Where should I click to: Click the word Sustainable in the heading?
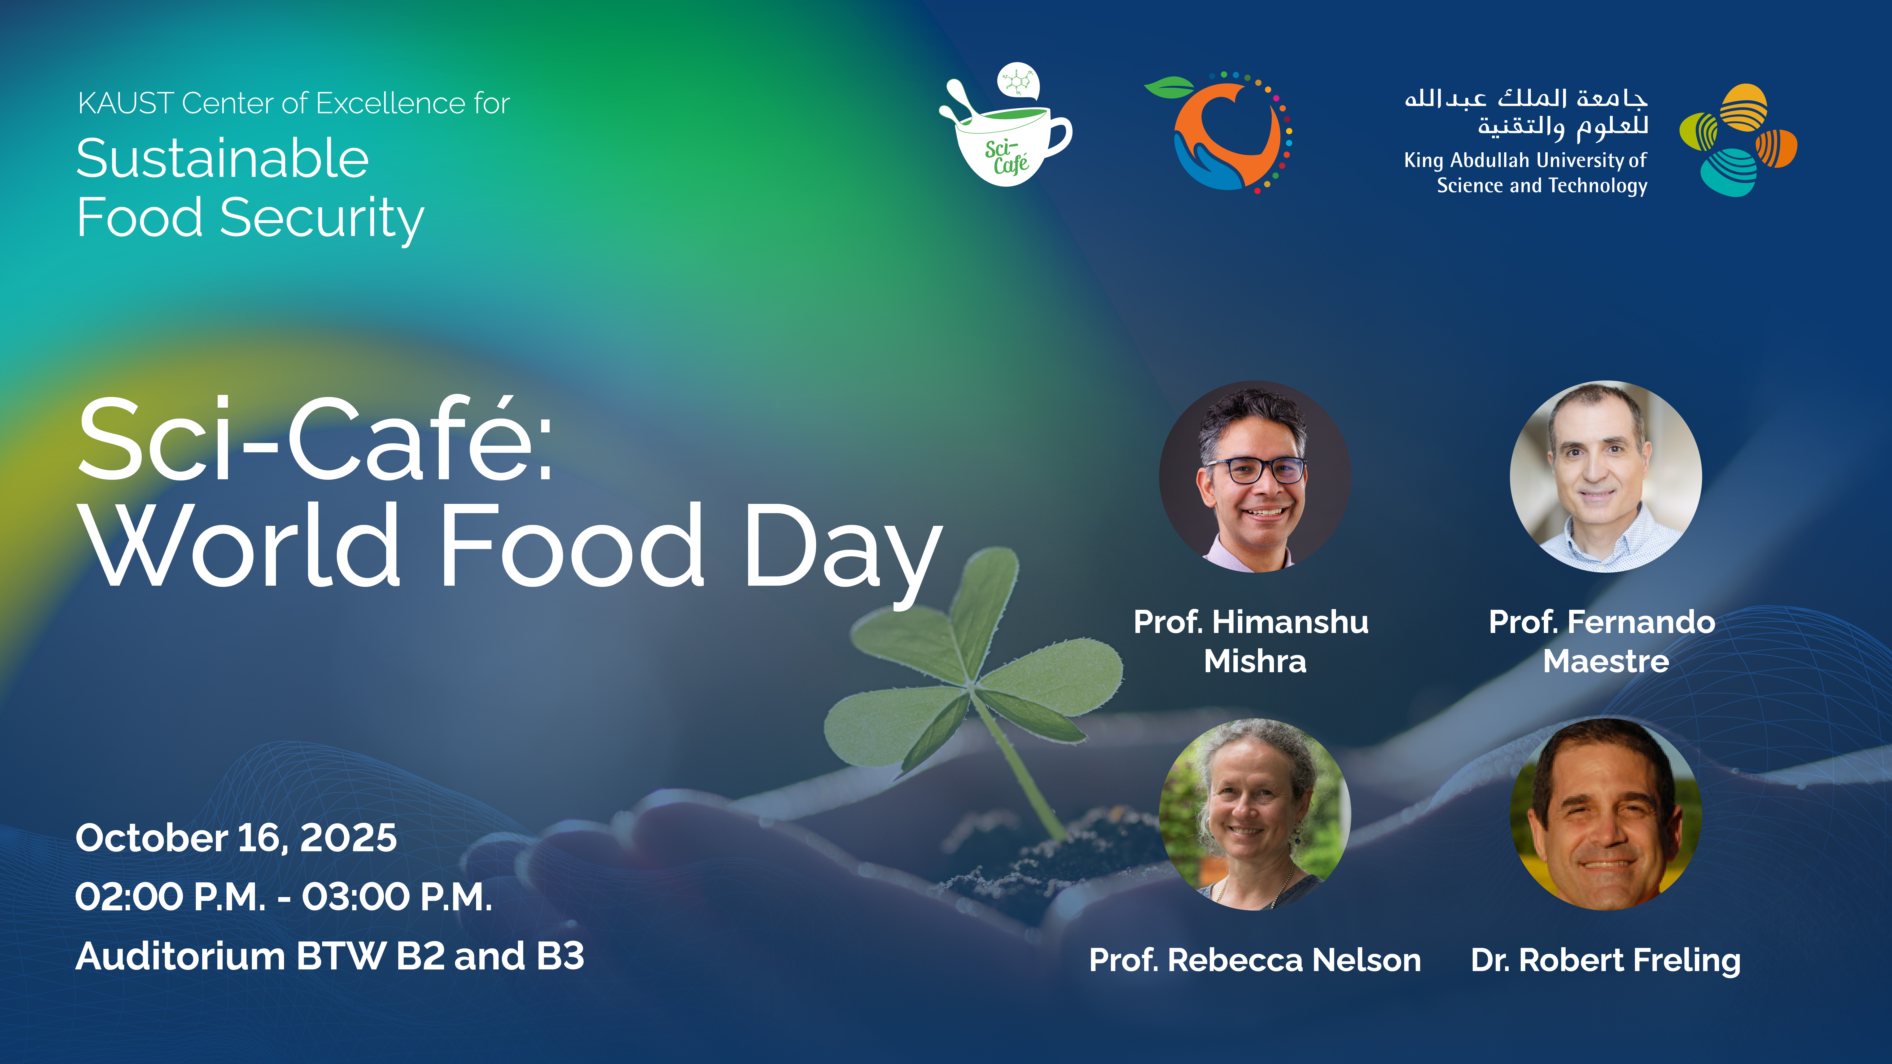pyautogui.click(x=223, y=159)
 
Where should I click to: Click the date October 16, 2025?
pyautogui.click(x=236, y=838)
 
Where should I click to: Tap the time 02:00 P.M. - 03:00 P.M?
pyautogui.click(x=284, y=897)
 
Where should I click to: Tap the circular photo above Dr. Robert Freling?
pyautogui.click(x=1606, y=814)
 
